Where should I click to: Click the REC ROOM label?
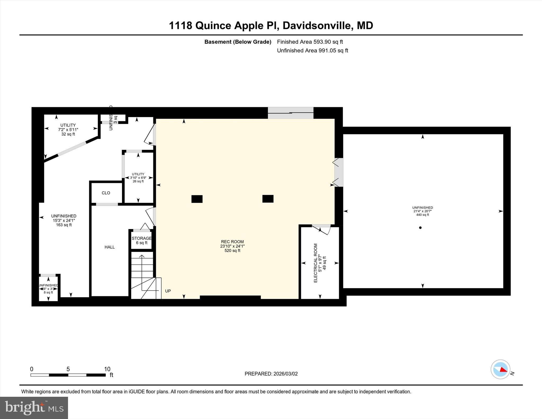[x=232, y=246]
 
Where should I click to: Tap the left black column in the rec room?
[x=197, y=199]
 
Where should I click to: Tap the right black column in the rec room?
[x=268, y=199]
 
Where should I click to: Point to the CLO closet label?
[x=106, y=193]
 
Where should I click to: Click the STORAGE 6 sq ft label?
[x=142, y=240]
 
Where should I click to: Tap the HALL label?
[x=110, y=247]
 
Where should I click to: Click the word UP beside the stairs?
[x=168, y=291]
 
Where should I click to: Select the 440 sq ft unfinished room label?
[x=422, y=211]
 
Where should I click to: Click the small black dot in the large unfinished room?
[x=420, y=228]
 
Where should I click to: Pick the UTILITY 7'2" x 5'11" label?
[x=68, y=129]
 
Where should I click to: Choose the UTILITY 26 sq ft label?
[x=138, y=178]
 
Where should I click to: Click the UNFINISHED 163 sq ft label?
[x=64, y=220]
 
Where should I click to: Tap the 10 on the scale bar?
[x=107, y=369]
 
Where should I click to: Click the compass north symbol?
[x=500, y=369]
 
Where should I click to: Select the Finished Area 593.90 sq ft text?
[x=310, y=42]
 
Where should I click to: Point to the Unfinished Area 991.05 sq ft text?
[x=312, y=51]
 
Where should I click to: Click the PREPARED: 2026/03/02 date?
[x=271, y=374]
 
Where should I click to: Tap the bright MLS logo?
[x=34, y=408]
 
